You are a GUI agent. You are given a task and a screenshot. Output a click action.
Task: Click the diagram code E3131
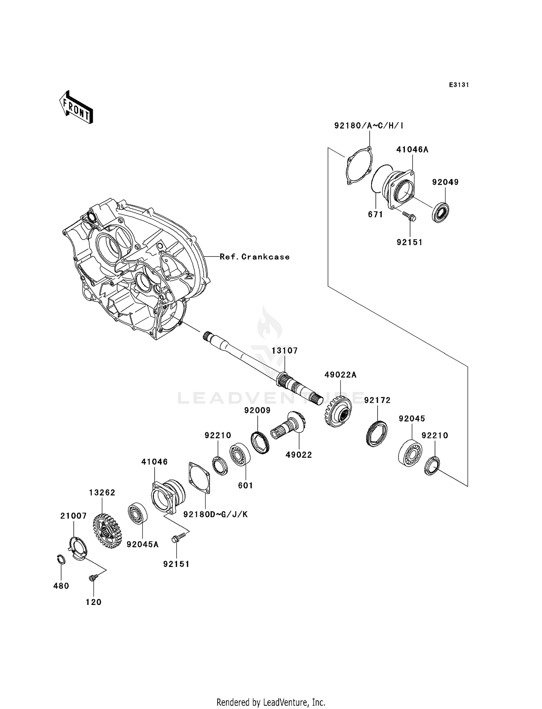(459, 85)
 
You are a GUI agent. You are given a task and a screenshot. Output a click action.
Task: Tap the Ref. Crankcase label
(254, 257)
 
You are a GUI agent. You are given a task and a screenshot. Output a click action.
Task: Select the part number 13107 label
(285, 351)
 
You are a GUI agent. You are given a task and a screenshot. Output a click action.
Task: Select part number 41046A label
(412, 150)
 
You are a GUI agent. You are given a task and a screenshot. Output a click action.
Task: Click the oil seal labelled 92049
(440, 213)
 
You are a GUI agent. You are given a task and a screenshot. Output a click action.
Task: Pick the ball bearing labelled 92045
(410, 451)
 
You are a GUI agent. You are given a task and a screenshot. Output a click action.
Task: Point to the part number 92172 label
(377, 400)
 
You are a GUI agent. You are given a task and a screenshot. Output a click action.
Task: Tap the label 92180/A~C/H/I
(369, 126)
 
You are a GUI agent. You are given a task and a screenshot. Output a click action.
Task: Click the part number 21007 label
(73, 516)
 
